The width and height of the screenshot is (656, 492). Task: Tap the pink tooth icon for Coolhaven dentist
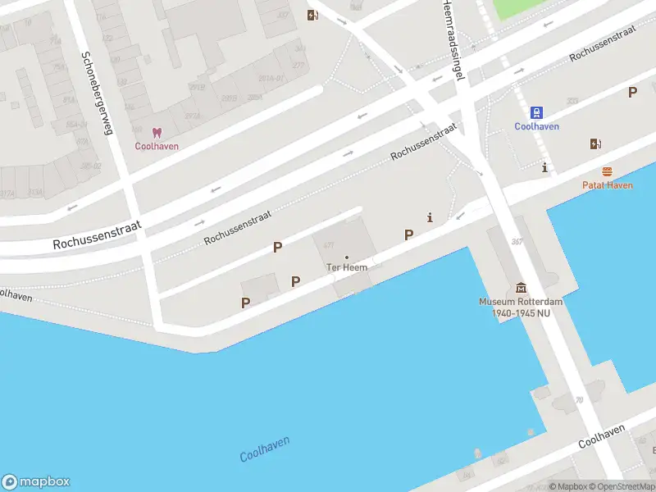click(x=157, y=133)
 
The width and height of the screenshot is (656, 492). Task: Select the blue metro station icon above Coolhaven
click(x=536, y=112)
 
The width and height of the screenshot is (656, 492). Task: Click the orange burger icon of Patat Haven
click(x=607, y=171)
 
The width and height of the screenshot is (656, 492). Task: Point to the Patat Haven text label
click(x=607, y=185)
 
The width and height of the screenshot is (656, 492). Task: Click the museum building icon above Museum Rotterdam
click(x=521, y=288)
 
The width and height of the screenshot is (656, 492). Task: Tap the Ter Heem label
click(x=347, y=267)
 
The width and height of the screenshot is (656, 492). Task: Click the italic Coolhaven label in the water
click(x=264, y=449)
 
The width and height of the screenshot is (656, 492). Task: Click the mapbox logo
click(x=35, y=481)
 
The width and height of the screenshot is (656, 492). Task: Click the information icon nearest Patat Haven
click(x=544, y=168)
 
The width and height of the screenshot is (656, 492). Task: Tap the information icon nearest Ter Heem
click(x=430, y=217)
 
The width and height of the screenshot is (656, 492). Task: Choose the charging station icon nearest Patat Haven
click(x=595, y=144)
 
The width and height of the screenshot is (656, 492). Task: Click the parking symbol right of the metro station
click(x=632, y=93)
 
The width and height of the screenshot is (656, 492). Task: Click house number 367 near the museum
click(x=517, y=241)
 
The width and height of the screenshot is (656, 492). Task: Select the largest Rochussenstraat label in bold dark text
click(x=98, y=234)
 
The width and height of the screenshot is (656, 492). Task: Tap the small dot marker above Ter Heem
click(x=347, y=257)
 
